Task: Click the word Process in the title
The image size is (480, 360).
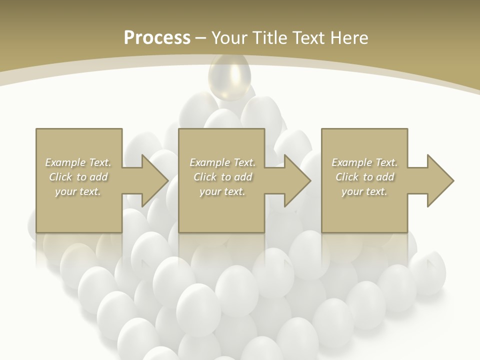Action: pos(157,38)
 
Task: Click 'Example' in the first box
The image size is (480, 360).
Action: pos(65,162)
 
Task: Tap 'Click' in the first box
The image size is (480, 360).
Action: pos(61,177)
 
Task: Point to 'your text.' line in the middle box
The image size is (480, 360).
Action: pos(222,191)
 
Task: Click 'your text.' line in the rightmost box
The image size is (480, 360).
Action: pos(364,191)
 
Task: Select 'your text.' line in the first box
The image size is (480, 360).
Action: pos(78,191)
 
